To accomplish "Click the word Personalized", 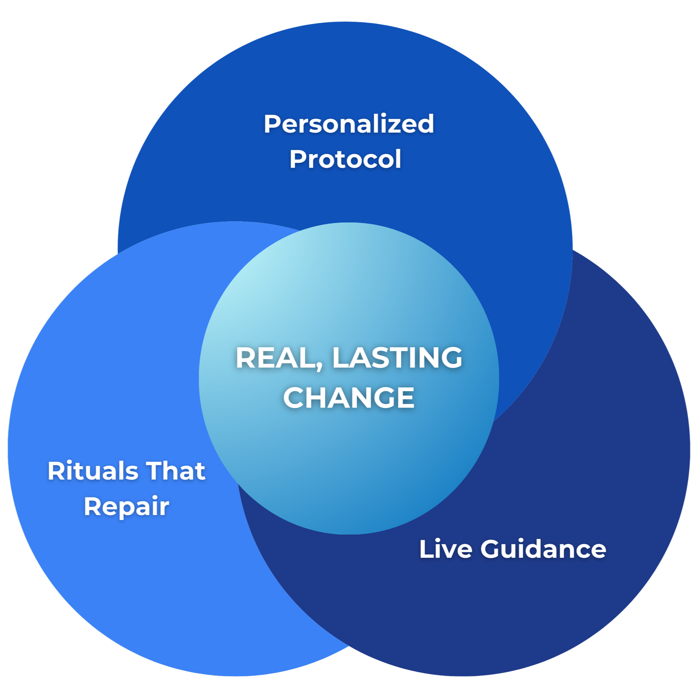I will click(349, 124).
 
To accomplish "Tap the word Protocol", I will click(345, 159).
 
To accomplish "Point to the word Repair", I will click(126, 507).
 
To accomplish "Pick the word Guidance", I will click(543, 549).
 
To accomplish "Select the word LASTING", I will click(397, 358).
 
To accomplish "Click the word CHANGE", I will click(349, 397).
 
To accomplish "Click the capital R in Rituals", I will click(55, 471).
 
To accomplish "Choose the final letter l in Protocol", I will click(398, 159).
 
